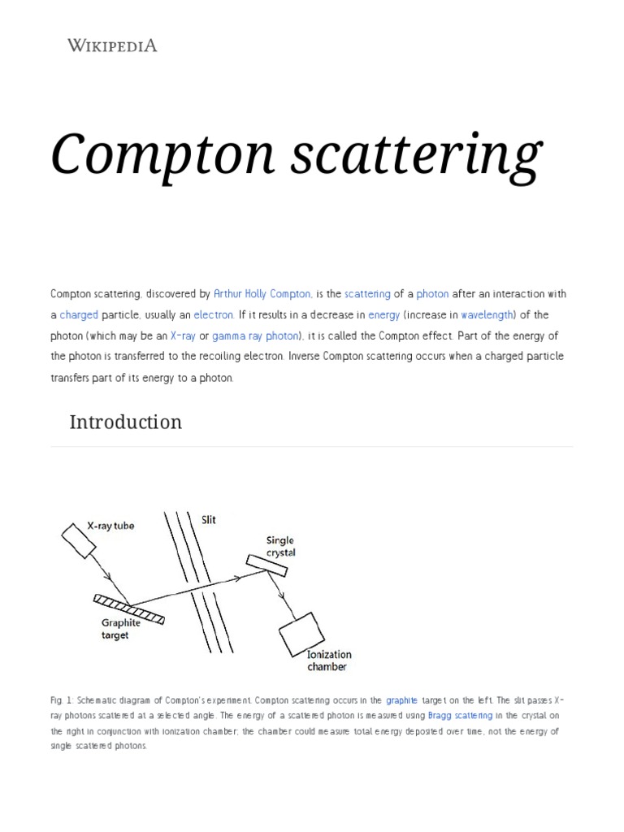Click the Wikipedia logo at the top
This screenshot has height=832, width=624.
point(112,46)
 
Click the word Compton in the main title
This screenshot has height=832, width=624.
point(151,154)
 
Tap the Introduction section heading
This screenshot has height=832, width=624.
point(125,422)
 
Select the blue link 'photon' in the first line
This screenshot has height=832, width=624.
point(432,293)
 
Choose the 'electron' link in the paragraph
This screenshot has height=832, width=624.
point(214,314)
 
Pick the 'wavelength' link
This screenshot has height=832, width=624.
point(487,314)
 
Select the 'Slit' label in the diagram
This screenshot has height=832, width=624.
point(209,520)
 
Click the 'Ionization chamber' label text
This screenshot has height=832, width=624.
point(329,661)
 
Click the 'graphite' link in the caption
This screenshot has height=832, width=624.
point(402,700)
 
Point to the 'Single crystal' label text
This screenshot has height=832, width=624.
point(280,546)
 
